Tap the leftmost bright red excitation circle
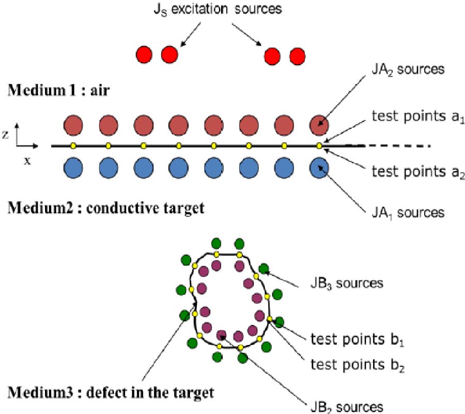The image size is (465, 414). pyautogui.click(x=144, y=54)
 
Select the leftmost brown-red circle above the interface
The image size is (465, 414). pyautogui.click(x=73, y=125)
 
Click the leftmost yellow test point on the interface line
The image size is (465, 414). pyautogui.click(x=73, y=146)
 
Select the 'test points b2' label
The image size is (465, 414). pyautogui.click(x=357, y=365)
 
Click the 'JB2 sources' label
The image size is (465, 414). pyautogui.click(x=346, y=406)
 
